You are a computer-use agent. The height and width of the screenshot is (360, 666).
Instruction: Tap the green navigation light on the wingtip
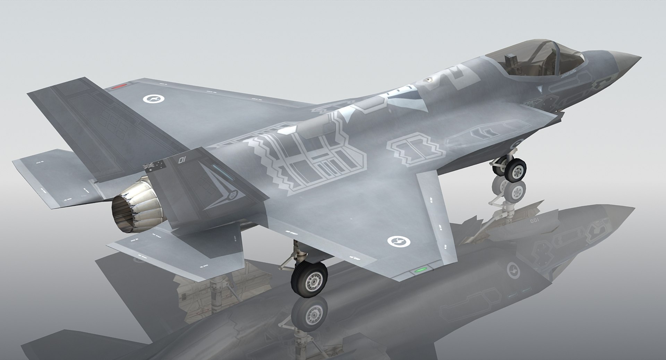[x=421, y=269]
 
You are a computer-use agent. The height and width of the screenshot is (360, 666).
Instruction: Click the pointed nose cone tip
[x=638, y=58]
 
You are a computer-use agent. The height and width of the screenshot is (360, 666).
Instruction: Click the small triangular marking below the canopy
[x=539, y=89]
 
